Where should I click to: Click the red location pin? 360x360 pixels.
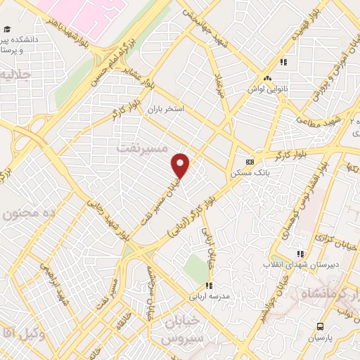(x=181, y=166)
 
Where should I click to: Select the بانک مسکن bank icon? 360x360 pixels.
(x=248, y=160)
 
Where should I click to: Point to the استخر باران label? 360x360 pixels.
(x=165, y=110)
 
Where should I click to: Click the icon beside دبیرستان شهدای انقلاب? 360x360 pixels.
(x=300, y=254)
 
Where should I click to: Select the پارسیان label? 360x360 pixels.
(x=321, y=339)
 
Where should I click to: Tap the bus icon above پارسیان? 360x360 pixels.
(x=321, y=326)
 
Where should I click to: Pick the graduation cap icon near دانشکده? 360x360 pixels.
(x=6, y=29)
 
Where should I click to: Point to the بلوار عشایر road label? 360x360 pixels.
(x=139, y=78)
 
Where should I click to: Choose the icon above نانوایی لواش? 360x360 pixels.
(x=266, y=79)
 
